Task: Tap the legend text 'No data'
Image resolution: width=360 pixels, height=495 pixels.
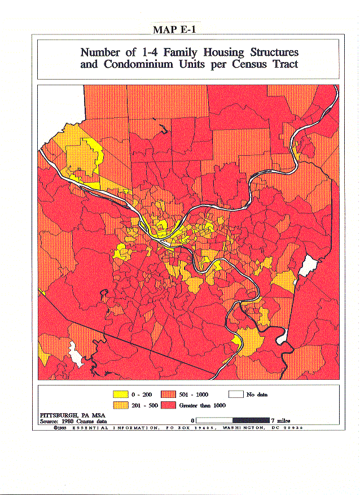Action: (x=257, y=395)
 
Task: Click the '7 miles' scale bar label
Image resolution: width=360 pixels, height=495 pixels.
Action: (x=280, y=420)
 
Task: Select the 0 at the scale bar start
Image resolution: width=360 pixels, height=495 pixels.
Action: (x=193, y=420)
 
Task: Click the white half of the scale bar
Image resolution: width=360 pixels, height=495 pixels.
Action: (x=214, y=420)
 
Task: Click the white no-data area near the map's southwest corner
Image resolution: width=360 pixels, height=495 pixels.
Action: (x=74, y=353)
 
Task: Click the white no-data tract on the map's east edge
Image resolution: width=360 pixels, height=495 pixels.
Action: (x=308, y=265)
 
